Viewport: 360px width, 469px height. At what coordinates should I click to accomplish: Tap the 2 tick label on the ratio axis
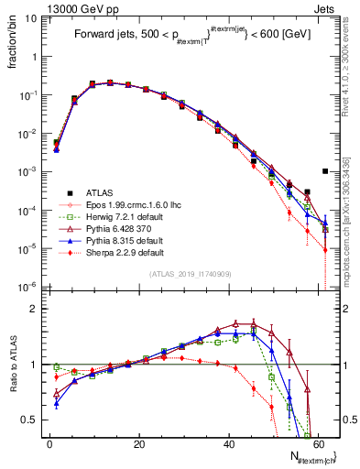click(34, 309)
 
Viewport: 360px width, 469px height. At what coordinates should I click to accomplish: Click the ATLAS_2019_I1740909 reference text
click(189, 276)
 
